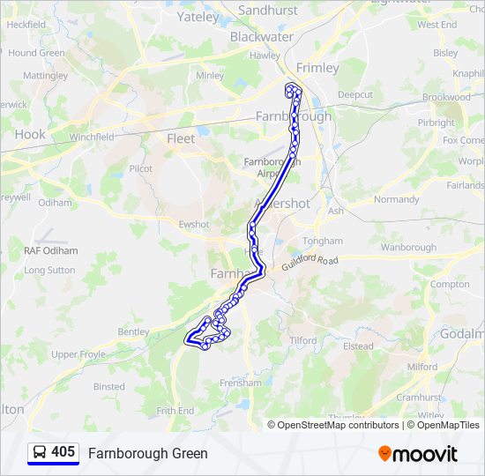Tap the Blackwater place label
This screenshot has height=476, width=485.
261,37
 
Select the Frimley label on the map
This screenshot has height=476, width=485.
317,68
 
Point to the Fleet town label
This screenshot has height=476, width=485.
181,138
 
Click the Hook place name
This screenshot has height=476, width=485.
29,135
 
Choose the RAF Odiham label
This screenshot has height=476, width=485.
51,251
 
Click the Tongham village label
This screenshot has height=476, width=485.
321,241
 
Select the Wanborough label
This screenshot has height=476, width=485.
408,248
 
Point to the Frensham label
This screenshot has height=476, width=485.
240,383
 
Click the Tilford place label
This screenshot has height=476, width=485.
302,340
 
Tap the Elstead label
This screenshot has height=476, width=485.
358,346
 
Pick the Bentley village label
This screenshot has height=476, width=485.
133,332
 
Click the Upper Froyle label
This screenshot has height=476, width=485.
78,354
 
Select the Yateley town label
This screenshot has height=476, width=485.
198,17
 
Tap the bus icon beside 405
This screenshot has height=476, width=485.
41,453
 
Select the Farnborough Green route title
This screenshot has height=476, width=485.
147,454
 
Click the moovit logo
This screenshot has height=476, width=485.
418,454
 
